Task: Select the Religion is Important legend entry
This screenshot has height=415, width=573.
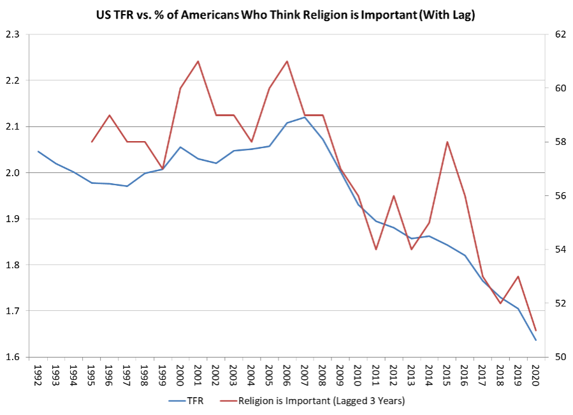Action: click(x=321, y=401)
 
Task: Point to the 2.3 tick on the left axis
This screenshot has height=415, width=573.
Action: click(x=12, y=34)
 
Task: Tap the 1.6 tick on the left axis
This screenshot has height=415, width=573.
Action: click(x=12, y=357)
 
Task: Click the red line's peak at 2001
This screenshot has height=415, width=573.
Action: click(x=198, y=61)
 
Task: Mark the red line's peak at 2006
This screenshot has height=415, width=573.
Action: click(x=287, y=61)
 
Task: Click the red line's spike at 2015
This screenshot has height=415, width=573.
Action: click(x=447, y=142)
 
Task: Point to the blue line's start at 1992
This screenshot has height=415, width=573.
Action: click(x=38, y=151)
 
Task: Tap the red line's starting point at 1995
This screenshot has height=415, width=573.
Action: click(x=92, y=142)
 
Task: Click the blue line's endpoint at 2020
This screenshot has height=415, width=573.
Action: click(x=535, y=340)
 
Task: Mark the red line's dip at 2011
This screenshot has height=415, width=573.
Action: click(x=376, y=249)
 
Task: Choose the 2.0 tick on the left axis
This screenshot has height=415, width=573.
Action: click(x=12, y=173)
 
